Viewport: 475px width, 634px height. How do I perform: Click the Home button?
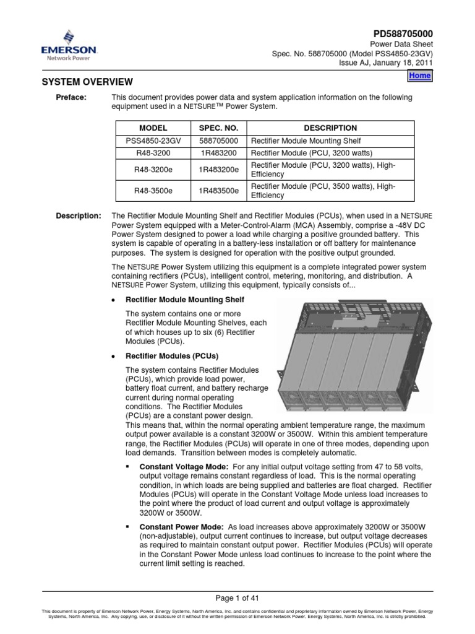(420, 75)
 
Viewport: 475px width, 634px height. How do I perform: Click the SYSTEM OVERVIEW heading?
(87, 82)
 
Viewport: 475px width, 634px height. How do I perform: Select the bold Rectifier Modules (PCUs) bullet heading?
(172, 356)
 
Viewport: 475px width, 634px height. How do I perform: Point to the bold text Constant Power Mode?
(176, 526)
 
